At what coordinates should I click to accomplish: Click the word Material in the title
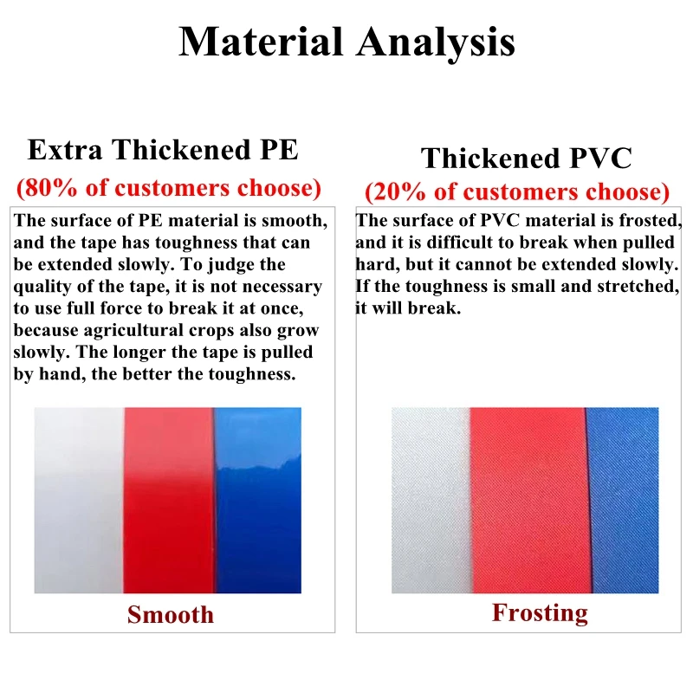click(x=261, y=41)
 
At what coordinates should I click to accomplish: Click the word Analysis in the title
click(x=436, y=43)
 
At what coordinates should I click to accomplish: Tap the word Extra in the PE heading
click(x=65, y=149)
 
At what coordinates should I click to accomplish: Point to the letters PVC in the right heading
click(x=601, y=158)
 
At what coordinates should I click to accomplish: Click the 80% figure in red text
click(x=51, y=187)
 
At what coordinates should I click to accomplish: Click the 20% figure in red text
click(x=399, y=191)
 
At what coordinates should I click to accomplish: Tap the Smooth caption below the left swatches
click(x=170, y=614)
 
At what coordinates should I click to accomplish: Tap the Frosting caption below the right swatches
click(x=540, y=613)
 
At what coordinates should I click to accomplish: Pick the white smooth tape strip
click(x=79, y=501)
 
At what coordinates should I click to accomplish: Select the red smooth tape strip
click(x=169, y=501)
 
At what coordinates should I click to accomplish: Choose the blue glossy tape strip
click(x=258, y=501)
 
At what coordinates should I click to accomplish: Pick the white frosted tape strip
click(x=431, y=501)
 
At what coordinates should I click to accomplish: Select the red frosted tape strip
click(x=529, y=501)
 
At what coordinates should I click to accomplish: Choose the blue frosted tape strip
click(x=623, y=501)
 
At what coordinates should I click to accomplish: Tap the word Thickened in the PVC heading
click(x=490, y=158)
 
